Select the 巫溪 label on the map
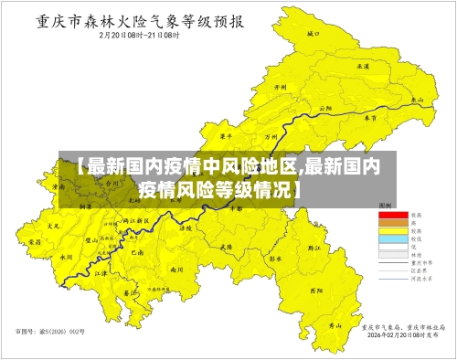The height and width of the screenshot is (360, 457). click(364, 66)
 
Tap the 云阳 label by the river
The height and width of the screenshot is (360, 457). click(324, 108)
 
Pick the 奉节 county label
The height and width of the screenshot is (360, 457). click(370, 118)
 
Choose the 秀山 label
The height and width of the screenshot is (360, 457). click(335, 324)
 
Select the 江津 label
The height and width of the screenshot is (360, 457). click(102, 271)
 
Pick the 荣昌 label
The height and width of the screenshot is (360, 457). click(36, 242)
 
